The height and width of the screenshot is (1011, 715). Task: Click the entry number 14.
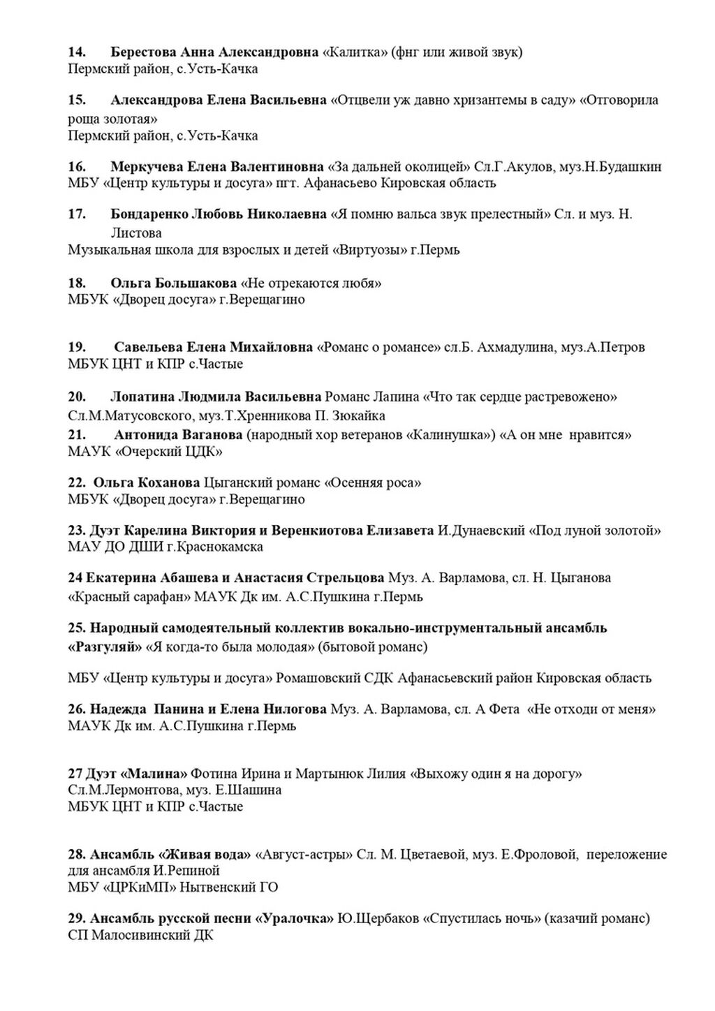(x=77, y=52)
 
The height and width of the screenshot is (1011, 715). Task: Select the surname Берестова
(x=143, y=52)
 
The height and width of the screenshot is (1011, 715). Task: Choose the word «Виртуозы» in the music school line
(x=367, y=250)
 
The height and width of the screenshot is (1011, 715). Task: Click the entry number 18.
(x=77, y=283)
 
